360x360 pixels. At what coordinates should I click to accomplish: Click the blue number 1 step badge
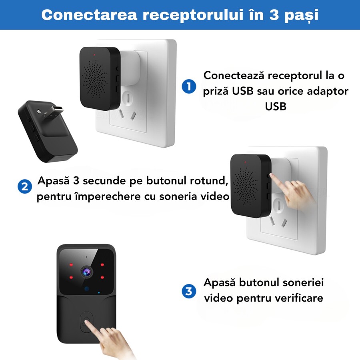pyautogui.click(x=189, y=86)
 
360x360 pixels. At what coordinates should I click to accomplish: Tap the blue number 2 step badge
pyautogui.click(x=25, y=186)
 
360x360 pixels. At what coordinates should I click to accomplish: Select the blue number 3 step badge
pyautogui.click(x=189, y=291)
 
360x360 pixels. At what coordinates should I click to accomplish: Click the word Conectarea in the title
pyautogui.click(x=89, y=15)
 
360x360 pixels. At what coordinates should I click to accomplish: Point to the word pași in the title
pyautogui.click(x=302, y=16)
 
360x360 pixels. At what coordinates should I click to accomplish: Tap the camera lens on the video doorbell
pyautogui.click(x=86, y=272)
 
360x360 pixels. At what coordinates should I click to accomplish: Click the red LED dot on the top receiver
pyautogui.click(x=94, y=55)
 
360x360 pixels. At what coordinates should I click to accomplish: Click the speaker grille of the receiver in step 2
pyautogui.click(x=246, y=186)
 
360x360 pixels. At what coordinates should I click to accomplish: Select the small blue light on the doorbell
pyautogui.click(x=99, y=293)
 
